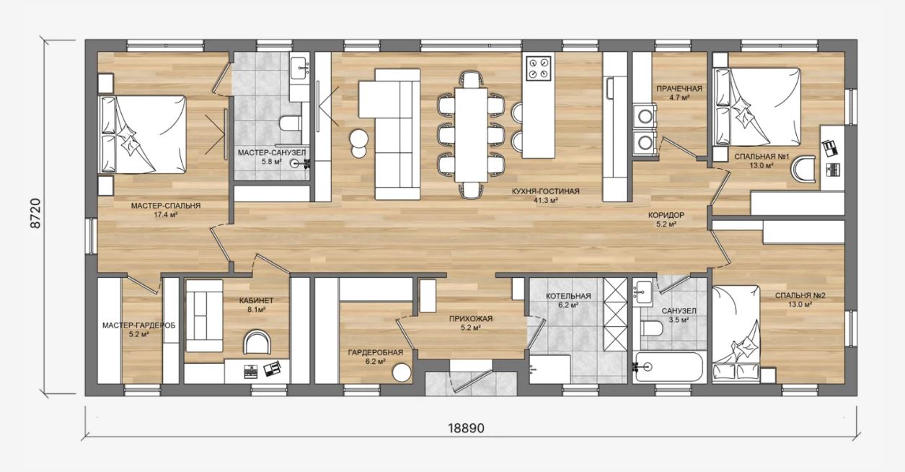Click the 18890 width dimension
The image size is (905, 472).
[x=466, y=428]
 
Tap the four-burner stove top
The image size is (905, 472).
[x=539, y=68]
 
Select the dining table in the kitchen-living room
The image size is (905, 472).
[x=471, y=135]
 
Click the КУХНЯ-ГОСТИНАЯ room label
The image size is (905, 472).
[x=545, y=191]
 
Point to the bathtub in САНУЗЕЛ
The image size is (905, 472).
[x=668, y=367]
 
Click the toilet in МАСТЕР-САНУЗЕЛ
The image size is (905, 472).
[x=291, y=123]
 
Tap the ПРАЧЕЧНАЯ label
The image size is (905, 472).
[x=679, y=88]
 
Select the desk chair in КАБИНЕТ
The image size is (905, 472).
[x=257, y=343]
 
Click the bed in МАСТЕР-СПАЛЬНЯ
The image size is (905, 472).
[x=144, y=134]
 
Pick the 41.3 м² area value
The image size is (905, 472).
[x=545, y=200]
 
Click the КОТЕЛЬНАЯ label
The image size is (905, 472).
[x=568, y=297]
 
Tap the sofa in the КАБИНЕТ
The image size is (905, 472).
[x=204, y=316]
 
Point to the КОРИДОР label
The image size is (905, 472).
[x=666, y=215]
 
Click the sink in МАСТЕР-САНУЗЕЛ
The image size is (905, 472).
[x=299, y=68]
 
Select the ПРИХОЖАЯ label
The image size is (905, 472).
[x=471, y=319]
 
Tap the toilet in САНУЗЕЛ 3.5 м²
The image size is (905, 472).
[x=652, y=328]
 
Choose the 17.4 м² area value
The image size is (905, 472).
[x=166, y=215]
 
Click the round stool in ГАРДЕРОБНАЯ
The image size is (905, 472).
[x=402, y=372]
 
